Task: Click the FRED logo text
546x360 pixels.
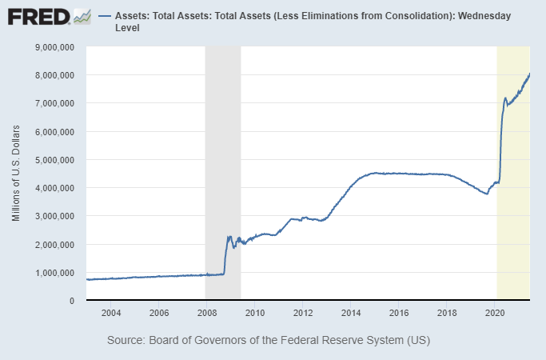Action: [37, 16]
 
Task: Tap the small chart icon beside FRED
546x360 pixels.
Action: [82, 16]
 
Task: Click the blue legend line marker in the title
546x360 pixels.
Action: [104, 16]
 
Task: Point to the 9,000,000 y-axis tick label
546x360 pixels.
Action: [51, 47]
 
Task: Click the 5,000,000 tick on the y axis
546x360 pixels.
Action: [51, 160]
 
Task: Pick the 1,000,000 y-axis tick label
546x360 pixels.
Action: [51, 273]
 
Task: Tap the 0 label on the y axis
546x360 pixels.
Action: [72, 301]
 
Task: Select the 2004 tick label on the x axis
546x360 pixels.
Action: [110, 312]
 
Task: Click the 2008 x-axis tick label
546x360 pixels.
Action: [206, 312]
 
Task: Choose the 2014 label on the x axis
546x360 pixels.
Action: [351, 312]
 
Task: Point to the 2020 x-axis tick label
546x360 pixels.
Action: [496, 312]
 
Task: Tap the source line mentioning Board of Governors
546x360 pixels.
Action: [268, 341]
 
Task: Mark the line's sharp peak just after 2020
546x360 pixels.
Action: [505, 98]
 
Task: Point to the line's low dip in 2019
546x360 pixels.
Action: [487, 194]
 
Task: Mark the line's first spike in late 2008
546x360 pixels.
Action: [229, 237]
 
